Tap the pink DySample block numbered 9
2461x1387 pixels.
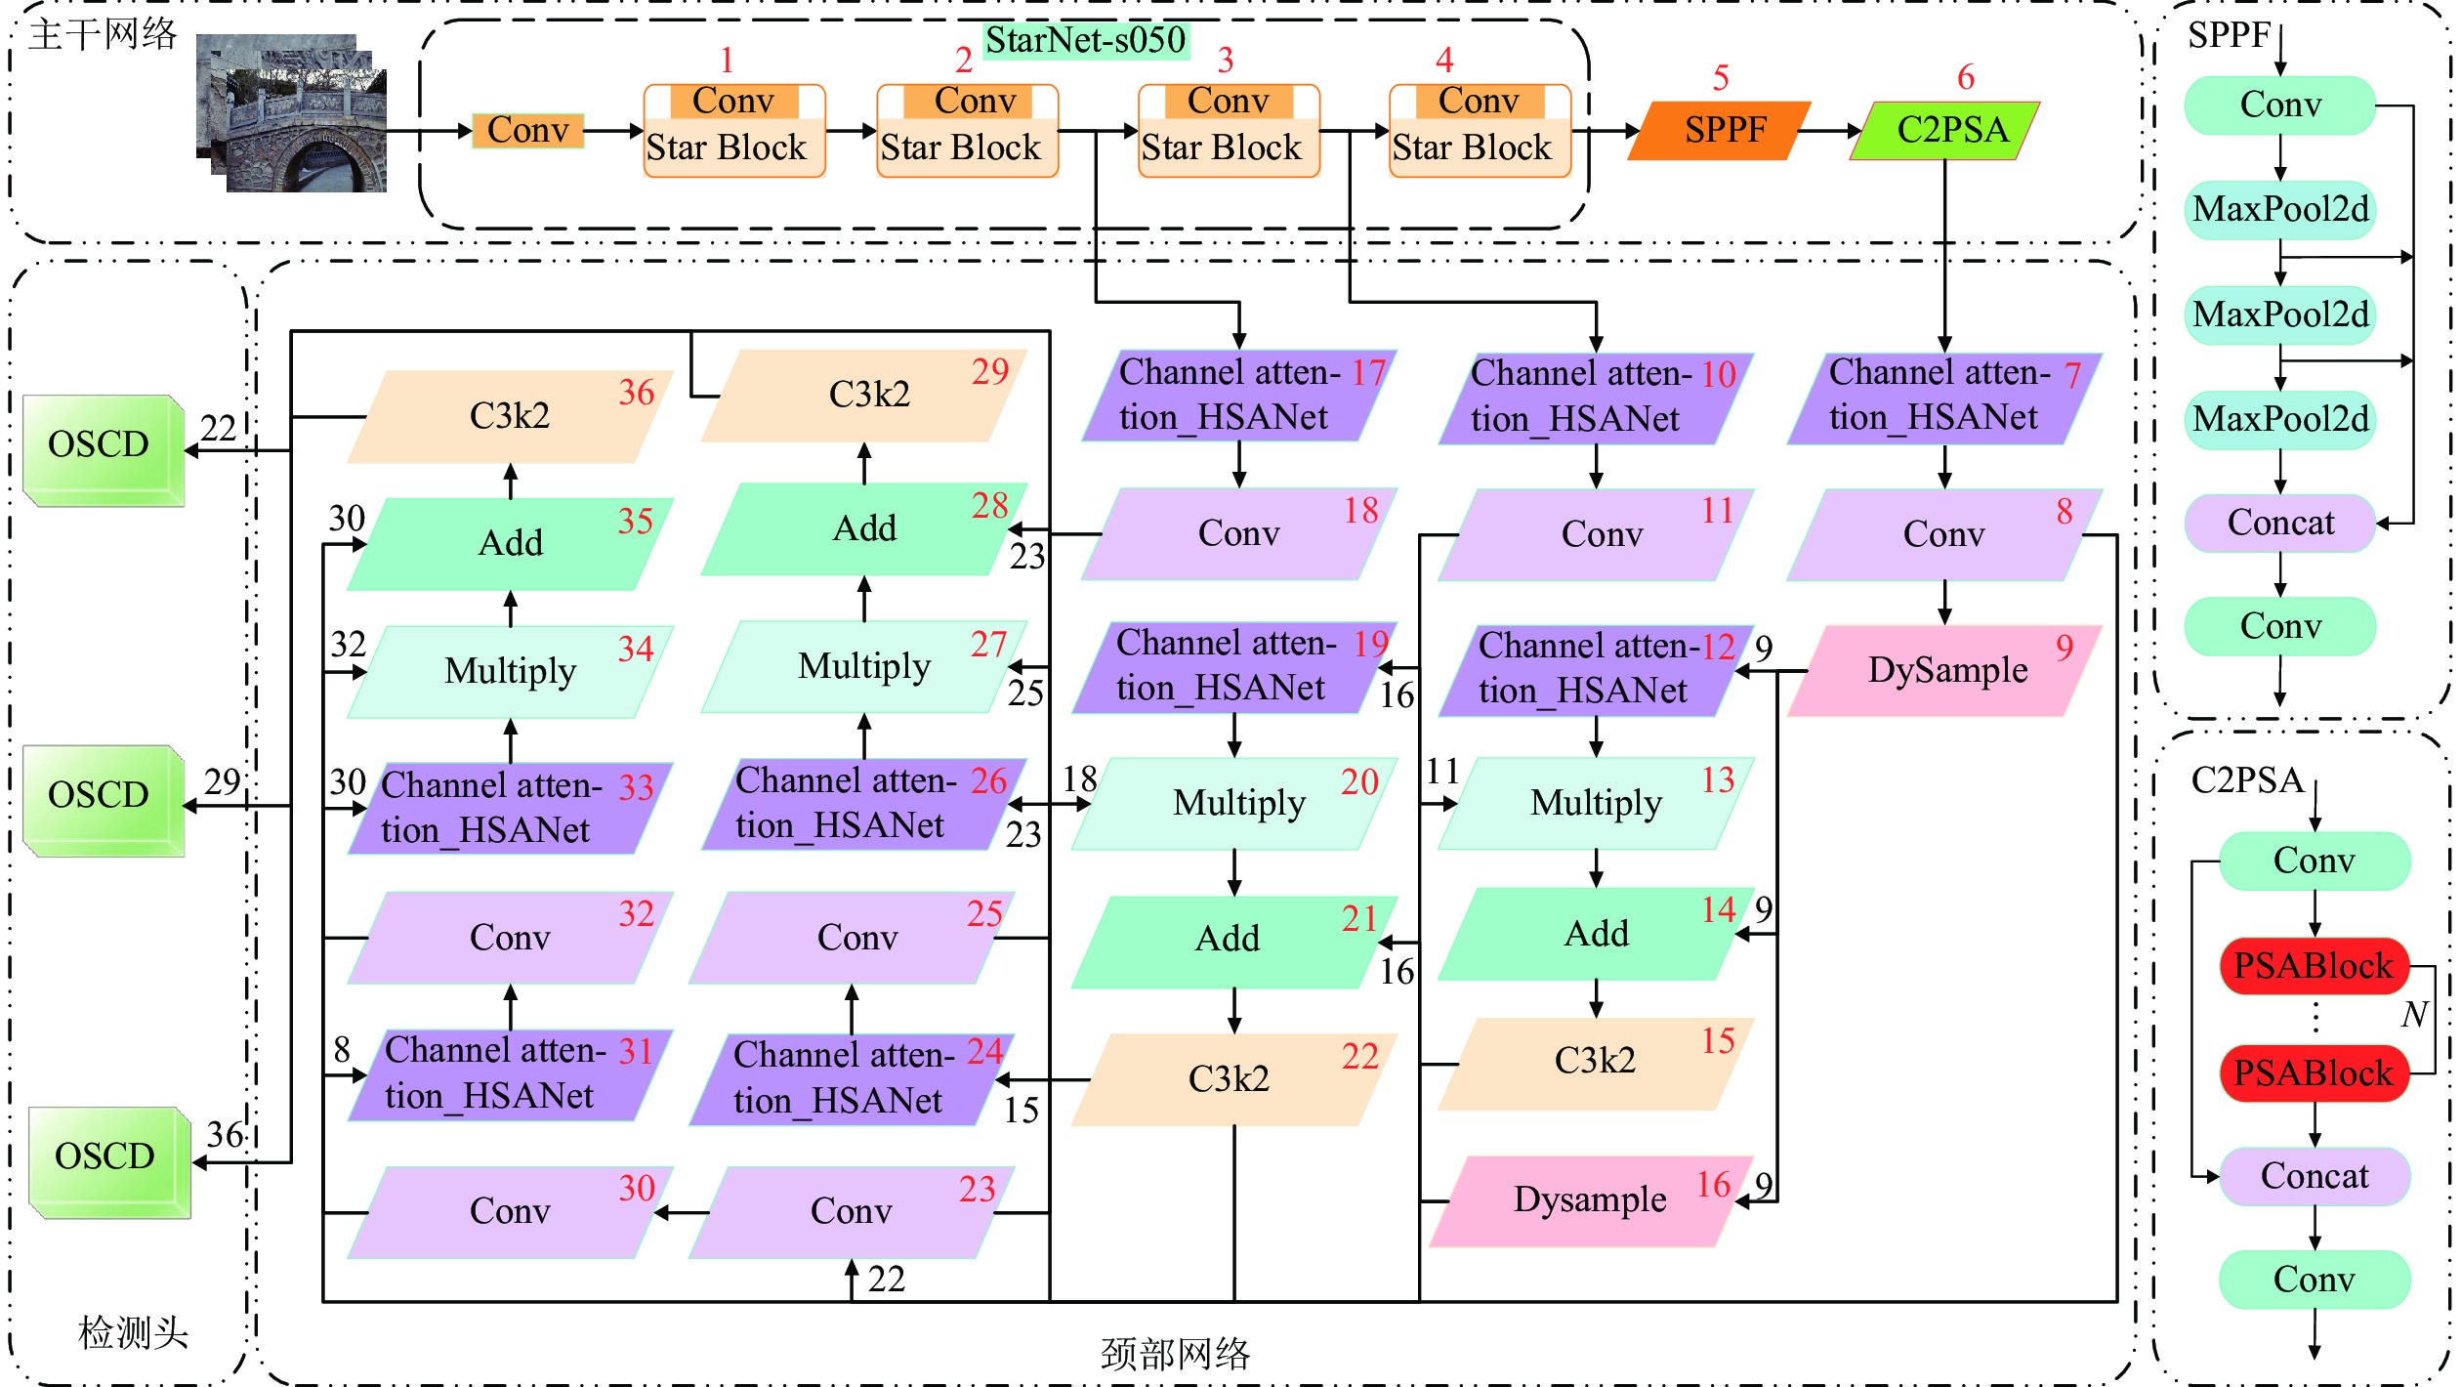click(1946, 671)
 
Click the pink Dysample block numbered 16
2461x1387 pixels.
click(1590, 1200)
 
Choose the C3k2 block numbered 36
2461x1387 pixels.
click(510, 416)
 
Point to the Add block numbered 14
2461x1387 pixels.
click(1596, 934)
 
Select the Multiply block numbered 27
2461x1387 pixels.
click(863, 666)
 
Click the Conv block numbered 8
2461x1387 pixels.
click(1943, 534)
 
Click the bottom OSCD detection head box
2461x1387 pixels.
click(107, 1160)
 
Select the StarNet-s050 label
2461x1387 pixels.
click(1085, 41)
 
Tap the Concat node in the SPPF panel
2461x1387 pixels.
click(2279, 524)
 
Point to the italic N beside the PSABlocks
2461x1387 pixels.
click(2414, 1014)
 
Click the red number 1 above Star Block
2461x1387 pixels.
click(727, 61)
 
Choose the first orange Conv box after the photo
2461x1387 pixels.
click(527, 130)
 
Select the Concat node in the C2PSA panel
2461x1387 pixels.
click(2314, 1176)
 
